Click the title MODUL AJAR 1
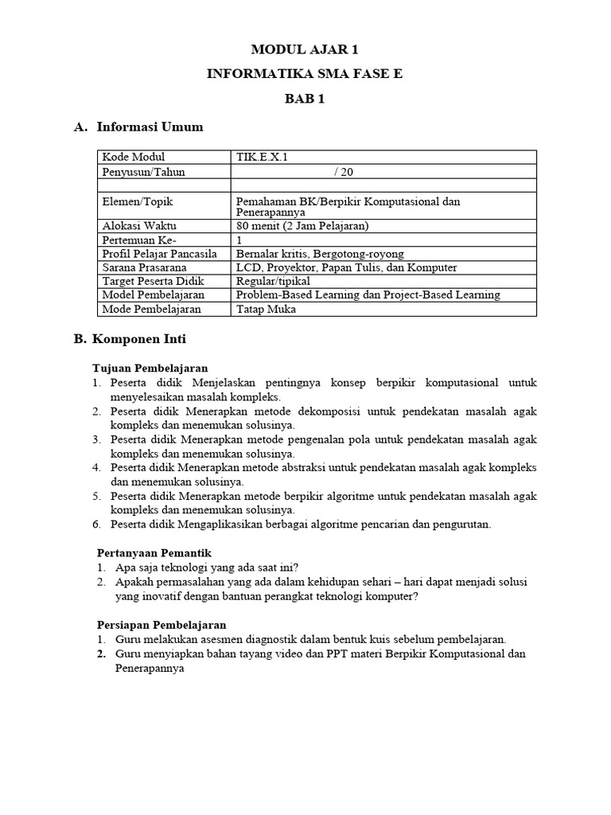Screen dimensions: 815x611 305,49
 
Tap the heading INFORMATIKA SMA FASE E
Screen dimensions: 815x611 305,74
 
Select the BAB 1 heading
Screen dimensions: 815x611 305,99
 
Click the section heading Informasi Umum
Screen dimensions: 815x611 150,127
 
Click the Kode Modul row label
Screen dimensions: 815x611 134,157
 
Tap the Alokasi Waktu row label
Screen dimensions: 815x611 138,226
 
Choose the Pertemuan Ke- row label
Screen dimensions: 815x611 138,240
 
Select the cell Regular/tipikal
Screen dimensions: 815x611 273,281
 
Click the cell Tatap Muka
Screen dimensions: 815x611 266,309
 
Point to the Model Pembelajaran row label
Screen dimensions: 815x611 150,295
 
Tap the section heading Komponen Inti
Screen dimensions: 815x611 139,339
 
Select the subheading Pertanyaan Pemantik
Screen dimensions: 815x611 154,552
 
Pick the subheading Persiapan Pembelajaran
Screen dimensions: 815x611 162,625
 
